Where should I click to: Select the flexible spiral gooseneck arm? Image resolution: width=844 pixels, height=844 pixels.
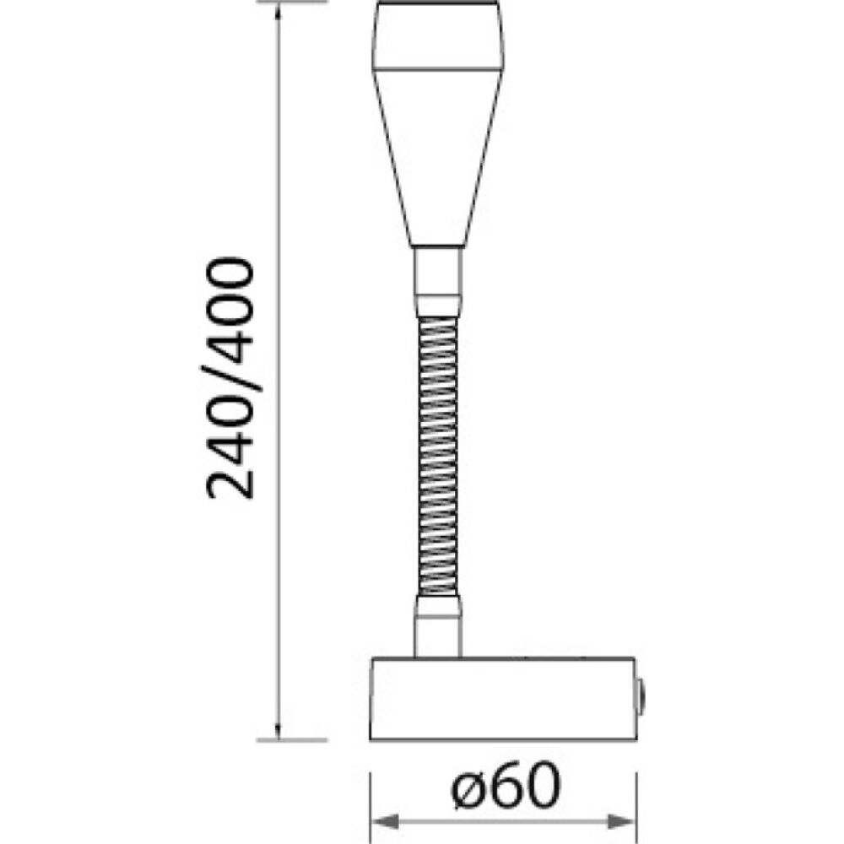coord(438,447)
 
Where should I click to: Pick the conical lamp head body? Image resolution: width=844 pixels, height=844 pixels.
coord(438,152)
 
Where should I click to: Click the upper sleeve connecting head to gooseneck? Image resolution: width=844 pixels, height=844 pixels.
coord(438,279)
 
